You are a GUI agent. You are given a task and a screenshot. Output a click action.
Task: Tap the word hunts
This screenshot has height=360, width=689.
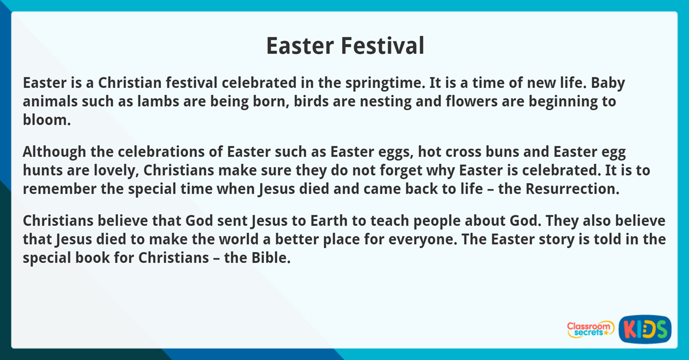pos(40,171)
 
